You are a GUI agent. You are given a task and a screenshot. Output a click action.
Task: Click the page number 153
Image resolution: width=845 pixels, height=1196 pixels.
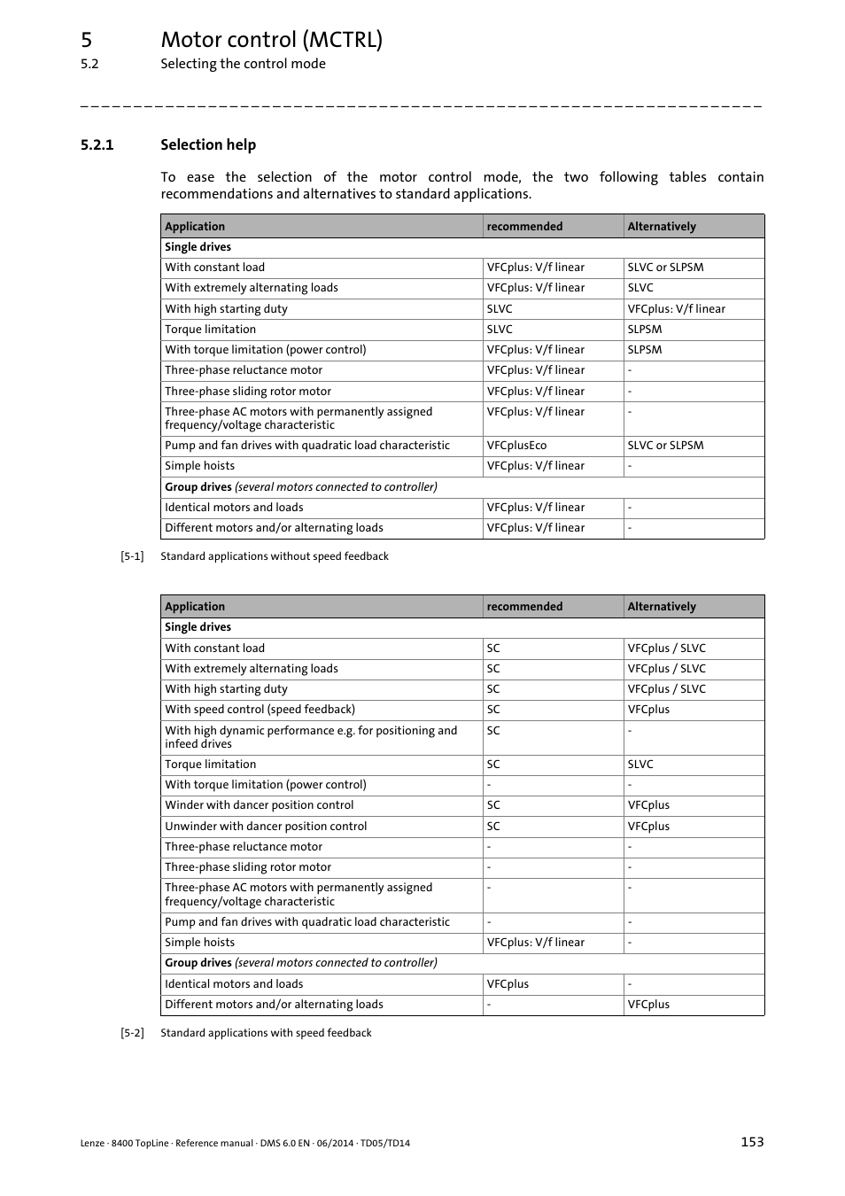click(x=752, y=1142)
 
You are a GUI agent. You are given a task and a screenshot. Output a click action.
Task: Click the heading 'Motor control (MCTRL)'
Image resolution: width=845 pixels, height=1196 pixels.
click(x=271, y=40)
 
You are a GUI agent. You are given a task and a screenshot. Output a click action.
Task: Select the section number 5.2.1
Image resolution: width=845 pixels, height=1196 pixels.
click(x=97, y=145)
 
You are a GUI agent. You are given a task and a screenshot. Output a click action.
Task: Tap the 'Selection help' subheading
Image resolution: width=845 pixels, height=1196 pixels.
click(x=208, y=145)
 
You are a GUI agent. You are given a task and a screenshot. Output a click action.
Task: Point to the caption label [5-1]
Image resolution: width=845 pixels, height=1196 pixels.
click(x=132, y=556)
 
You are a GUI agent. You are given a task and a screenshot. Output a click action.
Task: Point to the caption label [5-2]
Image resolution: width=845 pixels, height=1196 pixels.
click(x=132, y=1033)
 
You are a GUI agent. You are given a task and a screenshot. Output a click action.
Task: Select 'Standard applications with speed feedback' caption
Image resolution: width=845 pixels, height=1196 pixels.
click(x=266, y=1033)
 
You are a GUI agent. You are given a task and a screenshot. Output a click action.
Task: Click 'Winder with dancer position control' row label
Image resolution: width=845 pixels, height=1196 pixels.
click(x=259, y=805)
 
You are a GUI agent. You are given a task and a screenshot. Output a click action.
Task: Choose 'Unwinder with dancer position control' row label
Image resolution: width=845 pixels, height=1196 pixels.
click(x=266, y=827)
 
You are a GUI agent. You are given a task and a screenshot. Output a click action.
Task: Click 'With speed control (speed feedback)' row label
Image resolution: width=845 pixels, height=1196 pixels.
click(x=260, y=710)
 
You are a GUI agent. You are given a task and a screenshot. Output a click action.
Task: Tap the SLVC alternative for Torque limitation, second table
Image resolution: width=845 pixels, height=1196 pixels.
click(x=640, y=765)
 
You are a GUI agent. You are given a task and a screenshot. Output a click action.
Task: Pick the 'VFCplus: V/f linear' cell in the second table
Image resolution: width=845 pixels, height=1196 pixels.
click(x=535, y=943)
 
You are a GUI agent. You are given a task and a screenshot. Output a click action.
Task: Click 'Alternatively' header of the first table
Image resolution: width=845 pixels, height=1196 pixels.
click(x=662, y=227)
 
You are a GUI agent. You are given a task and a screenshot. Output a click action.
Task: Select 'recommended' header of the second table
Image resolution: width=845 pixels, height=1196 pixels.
click(x=524, y=607)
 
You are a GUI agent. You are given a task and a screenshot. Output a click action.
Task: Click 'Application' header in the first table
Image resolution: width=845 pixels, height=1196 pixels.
click(x=195, y=227)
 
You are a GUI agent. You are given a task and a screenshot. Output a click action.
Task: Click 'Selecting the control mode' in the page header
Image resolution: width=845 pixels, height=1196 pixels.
click(x=243, y=64)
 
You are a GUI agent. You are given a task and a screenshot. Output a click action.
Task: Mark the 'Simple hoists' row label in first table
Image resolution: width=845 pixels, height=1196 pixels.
click(x=200, y=466)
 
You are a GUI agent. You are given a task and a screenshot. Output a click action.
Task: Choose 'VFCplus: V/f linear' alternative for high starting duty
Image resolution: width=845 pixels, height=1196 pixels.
click(x=676, y=309)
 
